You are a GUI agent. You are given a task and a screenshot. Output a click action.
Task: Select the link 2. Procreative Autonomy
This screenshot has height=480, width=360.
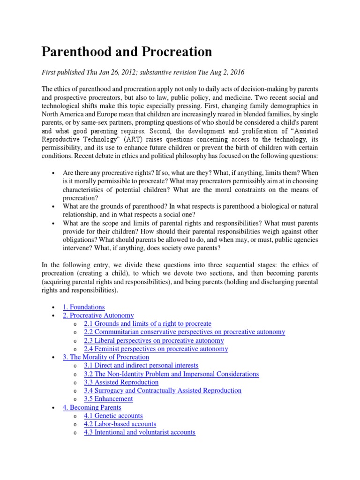tap(98, 315)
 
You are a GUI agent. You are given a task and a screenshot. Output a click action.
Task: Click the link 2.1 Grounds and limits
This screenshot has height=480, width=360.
tap(148, 324)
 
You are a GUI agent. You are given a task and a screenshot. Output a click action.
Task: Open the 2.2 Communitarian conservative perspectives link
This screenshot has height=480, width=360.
tap(184, 332)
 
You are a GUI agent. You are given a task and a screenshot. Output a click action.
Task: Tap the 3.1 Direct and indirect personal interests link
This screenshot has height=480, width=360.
tap(141, 365)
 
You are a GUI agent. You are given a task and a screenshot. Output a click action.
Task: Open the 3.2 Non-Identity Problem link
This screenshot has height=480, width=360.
tap(171, 374)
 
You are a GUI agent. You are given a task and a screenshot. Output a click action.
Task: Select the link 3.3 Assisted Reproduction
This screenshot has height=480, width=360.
tap(121, 382)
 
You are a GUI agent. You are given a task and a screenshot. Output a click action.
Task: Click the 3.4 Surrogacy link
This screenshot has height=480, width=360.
tap(163, 390)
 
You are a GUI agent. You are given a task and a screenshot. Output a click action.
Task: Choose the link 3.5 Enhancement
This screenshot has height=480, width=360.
tap(108, 399)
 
